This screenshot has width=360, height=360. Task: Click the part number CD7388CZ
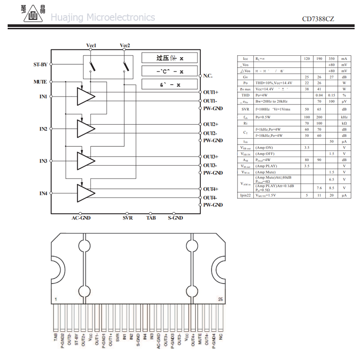[318, 19]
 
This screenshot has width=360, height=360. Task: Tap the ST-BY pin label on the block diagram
[40, 64]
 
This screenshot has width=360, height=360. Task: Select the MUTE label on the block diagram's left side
[40, 82]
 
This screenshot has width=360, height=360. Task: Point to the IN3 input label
[43, 161]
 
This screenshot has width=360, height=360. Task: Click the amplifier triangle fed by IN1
[85, 96]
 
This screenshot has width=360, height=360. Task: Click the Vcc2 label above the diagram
[125, 46]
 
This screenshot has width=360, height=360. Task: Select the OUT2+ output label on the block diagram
[210, 124]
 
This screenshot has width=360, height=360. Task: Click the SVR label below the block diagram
[128, 218]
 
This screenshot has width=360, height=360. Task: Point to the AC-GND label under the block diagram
[81, 218]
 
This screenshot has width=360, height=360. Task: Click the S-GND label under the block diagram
[175, 218]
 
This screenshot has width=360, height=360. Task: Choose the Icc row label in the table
[245, 59]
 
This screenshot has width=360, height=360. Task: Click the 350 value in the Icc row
[332, 59]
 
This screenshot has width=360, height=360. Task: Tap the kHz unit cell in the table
[344, 117]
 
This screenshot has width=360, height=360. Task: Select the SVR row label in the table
[245, 109]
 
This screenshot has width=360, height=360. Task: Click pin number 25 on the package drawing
[220, 299]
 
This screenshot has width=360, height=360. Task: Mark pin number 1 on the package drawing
[55, 299]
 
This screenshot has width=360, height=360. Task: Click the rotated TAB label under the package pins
[56, 336]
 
